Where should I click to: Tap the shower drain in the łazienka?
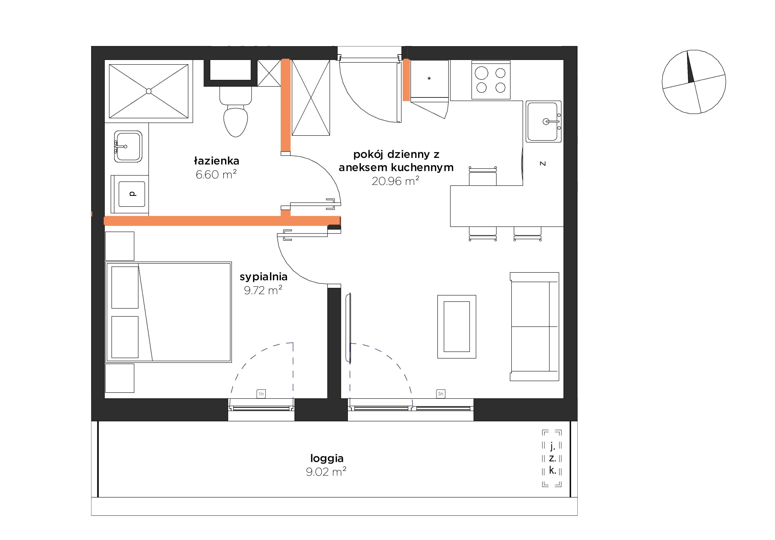148,91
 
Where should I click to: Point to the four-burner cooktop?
491,80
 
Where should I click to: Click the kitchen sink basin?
543,122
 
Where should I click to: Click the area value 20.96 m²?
396,181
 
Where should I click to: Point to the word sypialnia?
264,277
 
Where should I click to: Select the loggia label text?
327,458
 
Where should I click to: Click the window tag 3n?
440,394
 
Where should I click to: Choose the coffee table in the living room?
457,327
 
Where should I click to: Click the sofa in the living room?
534,327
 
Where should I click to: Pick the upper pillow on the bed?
125,287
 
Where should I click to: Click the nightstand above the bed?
120,246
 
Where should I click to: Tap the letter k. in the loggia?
552,470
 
